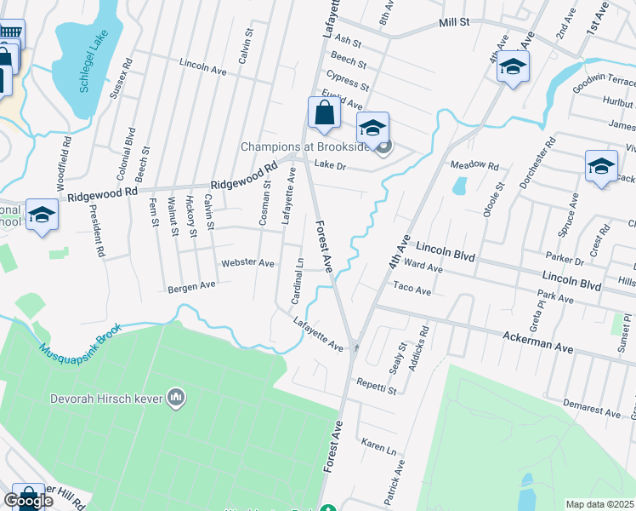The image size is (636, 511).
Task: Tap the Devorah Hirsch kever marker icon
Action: tap(177, 397)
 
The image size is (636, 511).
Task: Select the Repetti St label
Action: tap(377, 386)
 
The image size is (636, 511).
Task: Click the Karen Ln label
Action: tap(379, 446)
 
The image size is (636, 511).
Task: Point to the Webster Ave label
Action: tap(247, 263)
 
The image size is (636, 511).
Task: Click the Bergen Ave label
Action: tap(190, 287)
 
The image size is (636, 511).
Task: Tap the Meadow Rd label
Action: tap(474, 164)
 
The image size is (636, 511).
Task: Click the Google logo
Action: tap(29, 501)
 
